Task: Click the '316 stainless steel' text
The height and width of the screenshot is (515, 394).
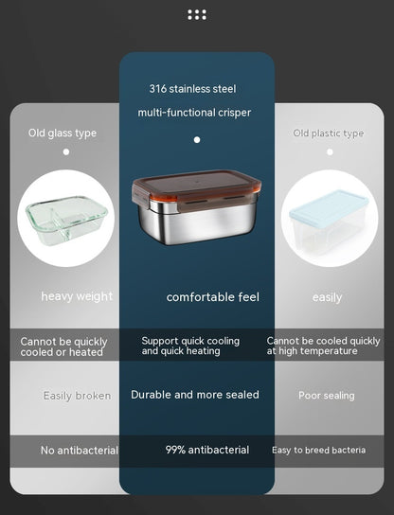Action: [192, 89]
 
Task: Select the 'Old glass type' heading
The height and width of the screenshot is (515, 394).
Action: [62, 133]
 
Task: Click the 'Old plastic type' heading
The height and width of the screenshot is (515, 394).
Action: [328, 133]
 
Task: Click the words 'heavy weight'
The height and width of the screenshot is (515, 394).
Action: [77, 296]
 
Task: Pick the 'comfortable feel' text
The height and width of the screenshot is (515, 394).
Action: [212, 297]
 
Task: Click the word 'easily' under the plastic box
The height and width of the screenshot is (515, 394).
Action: [327, 297]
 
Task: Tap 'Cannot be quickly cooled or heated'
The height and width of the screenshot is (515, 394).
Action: [64, 346]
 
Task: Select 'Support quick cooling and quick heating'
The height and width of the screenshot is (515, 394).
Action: [190, 346]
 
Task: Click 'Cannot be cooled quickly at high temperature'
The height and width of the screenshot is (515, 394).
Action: [324, 346]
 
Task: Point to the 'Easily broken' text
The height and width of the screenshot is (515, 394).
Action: [77, 396]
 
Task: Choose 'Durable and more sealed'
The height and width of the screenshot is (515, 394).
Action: [195, 395]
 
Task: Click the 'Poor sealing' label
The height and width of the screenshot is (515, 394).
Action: [326, 396]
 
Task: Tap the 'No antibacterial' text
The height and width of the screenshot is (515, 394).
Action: [79, 451]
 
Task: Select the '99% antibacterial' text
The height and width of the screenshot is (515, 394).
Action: [207, 451]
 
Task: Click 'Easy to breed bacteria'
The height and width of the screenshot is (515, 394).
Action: [318, 451]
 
